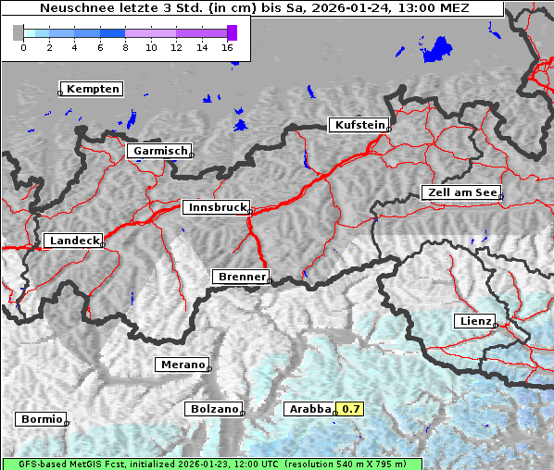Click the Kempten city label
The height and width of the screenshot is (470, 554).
[x=93, y=89]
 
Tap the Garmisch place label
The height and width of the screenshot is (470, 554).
[x=160, y=151]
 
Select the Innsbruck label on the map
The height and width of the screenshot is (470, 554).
[x=216, y=208]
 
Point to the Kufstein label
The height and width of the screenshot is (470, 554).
[x=359, y=125]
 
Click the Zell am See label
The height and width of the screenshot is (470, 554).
[x=461, y=192]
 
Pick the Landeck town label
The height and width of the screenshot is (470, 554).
[x=73, y=241]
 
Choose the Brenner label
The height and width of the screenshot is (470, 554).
[x=242, y=277]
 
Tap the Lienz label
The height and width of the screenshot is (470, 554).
[x=474, y=321]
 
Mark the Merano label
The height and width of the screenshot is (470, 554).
[x=183, y=365]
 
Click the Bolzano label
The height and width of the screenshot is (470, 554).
[x=214, y=409]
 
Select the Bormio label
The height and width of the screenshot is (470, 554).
[x=41, y=419]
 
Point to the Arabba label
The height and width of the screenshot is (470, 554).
[x=309, y=409]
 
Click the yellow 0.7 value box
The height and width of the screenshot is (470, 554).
[x=351, y=409]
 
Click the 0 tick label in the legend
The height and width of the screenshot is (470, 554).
[x=23, y=47]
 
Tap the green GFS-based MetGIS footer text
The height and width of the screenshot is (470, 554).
[x=211, y=464]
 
